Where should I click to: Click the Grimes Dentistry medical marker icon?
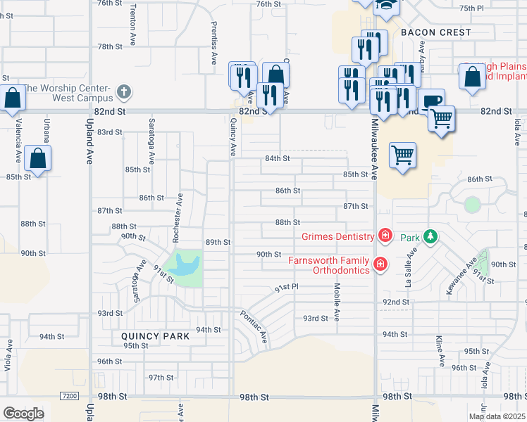[385, 236]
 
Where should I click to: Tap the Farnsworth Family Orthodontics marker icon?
[380, 264]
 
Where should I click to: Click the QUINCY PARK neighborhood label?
[155, 336]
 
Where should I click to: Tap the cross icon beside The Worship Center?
[123, 91]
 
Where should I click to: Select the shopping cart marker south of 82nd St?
[402, 154]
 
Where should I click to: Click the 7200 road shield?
[69, 396]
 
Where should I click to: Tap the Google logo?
[23, 413]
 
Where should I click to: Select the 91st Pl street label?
[287, 288]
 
